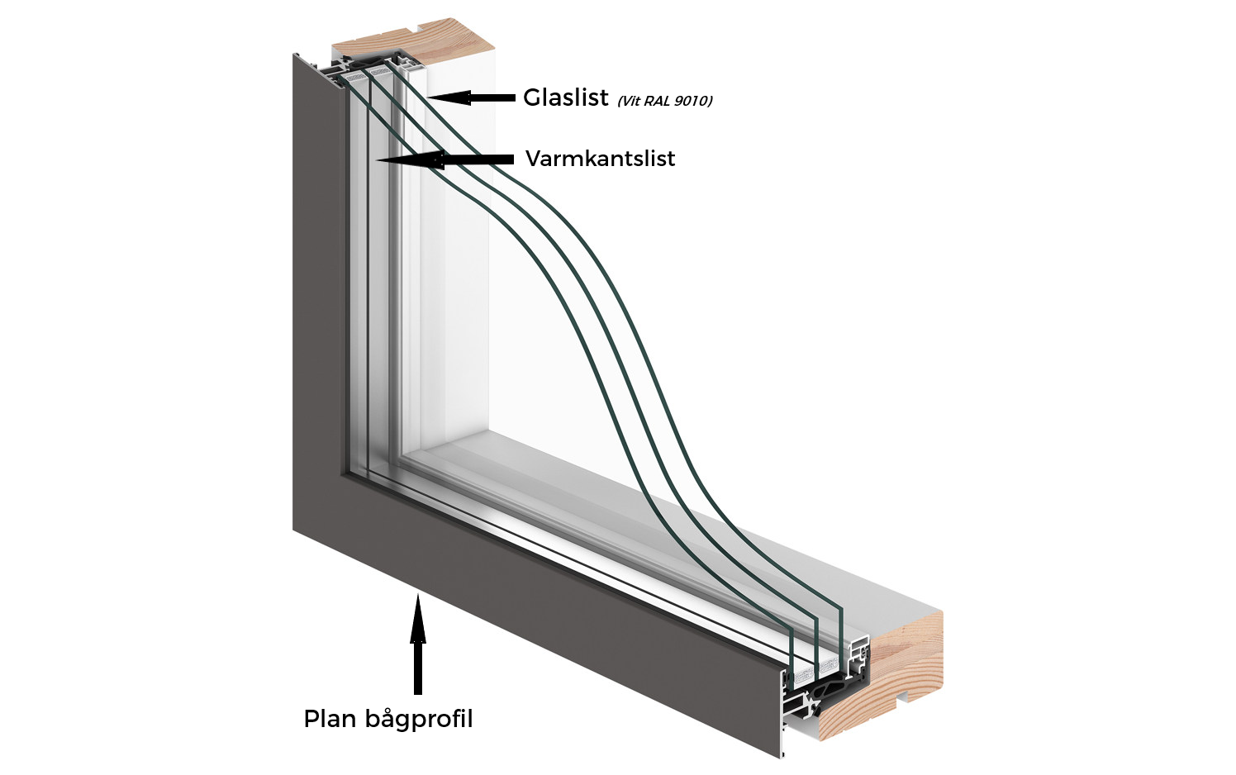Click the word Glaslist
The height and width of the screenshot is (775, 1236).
[x=565, y=97]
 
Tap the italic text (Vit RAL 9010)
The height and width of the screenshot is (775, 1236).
[x=664, y=101]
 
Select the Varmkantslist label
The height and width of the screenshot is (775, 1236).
[x=600, y=159]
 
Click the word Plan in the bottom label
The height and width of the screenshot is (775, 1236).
[x=329, y=719]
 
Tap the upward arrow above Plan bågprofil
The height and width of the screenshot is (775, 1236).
[x=418, y=644]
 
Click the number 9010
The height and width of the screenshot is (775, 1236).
[x=692, y=101]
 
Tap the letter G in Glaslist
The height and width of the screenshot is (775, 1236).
[x=533, y=97]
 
